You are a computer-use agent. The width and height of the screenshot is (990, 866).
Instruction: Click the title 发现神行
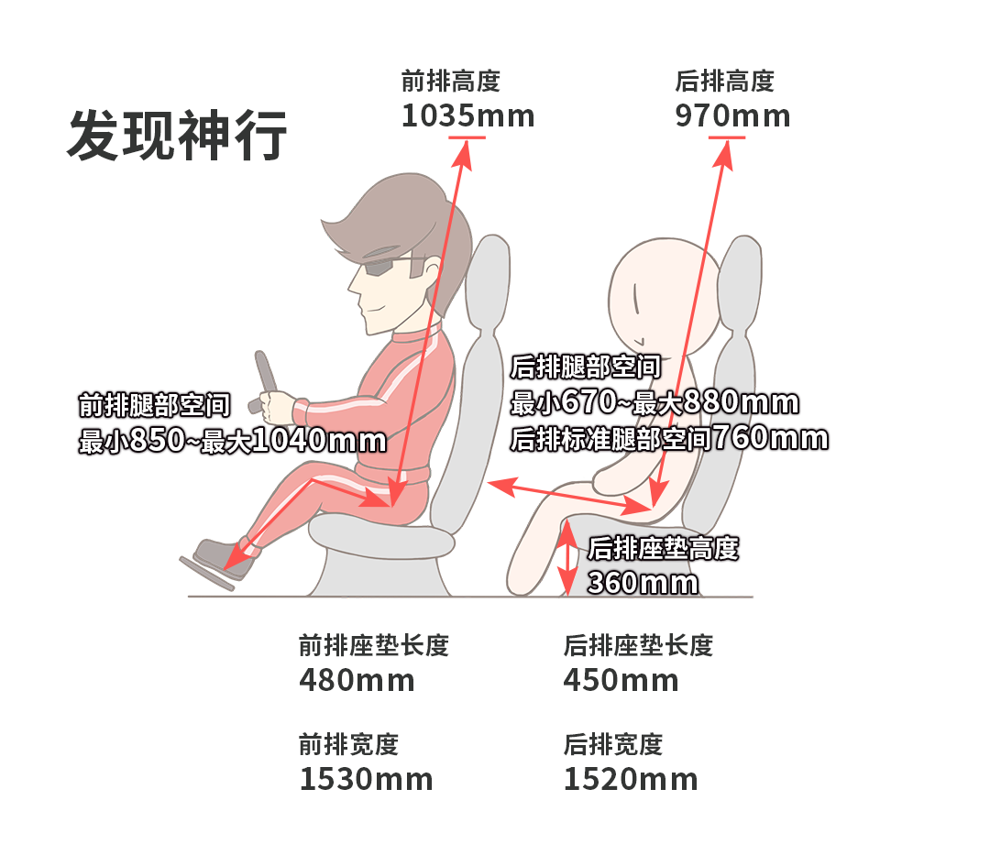(x=178, y=135)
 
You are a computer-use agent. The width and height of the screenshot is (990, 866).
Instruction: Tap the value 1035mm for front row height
(x=467, y=116)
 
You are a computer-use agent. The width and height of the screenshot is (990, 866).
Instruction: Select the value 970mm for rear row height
(x=732, y=116)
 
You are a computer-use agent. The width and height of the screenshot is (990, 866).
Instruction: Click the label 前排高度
(x=451, y=81)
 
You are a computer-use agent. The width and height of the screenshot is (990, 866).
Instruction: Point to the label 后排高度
(x=724, y=81)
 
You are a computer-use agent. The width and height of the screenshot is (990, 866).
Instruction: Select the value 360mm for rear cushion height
(x=643, y=583)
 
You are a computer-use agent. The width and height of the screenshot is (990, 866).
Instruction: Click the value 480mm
(x=357, y=680)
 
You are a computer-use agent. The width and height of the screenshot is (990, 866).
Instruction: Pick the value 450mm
(x=621, y=680)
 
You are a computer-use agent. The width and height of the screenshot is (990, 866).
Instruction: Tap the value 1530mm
(x=366, y=780)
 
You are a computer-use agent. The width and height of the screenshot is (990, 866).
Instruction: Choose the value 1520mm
(x=631, y=780)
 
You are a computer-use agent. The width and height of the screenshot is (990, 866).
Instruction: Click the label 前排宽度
(x=348, y=744)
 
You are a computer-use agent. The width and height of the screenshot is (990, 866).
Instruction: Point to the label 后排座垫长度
(x=638, y=645)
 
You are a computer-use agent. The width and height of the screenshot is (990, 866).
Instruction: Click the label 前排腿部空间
(x=155, y=405)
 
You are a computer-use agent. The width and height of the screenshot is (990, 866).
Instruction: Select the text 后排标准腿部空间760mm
(x=669, y=439)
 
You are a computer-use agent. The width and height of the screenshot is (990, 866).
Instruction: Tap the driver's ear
(x=432, y=271)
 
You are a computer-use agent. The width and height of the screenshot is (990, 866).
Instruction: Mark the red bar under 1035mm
(x=467, y=137)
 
